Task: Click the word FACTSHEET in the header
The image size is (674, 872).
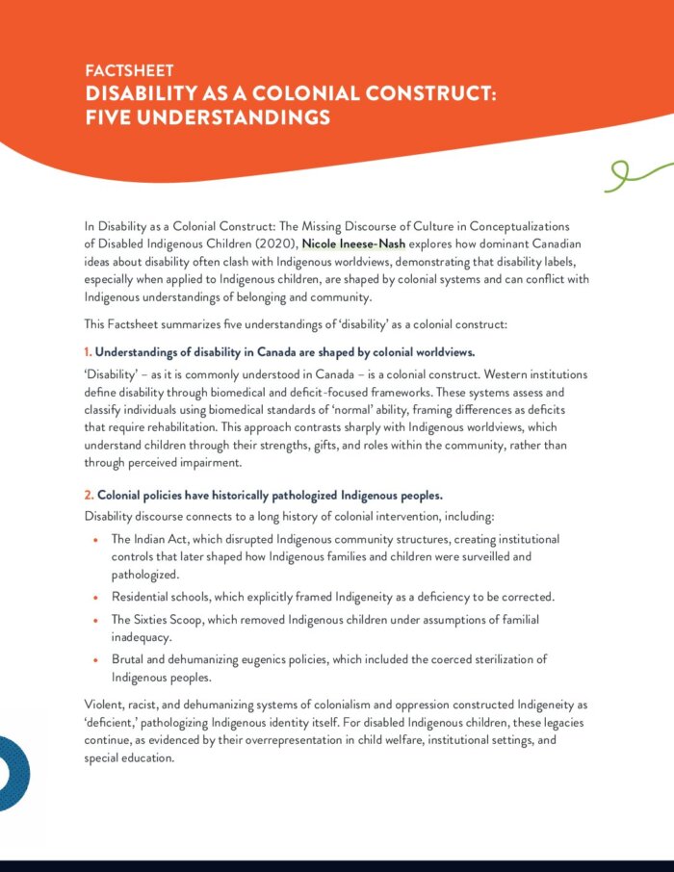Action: click(x=129, y=72)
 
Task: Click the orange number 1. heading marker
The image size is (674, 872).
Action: click(x=89, y=352)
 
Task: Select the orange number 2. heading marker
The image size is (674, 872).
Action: click(x=90, y=496)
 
